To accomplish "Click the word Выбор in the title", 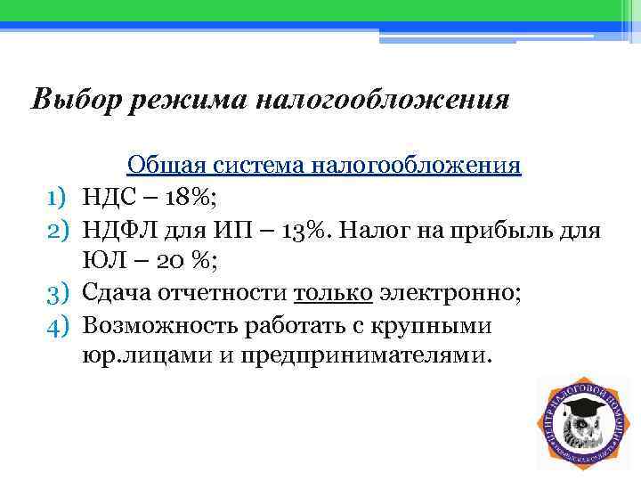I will coord(76,98).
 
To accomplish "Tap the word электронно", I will coord(450,294).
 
